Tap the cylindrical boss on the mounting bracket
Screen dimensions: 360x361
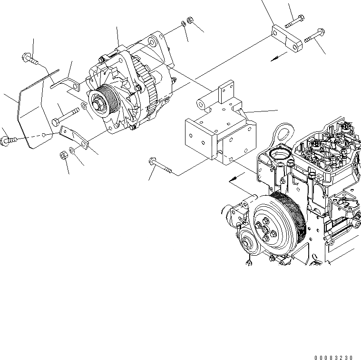pyautogui.click(x=204, y=103)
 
